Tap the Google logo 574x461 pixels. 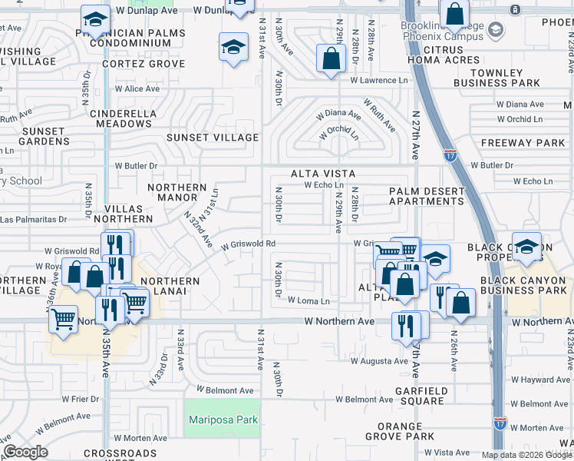coord(25,452)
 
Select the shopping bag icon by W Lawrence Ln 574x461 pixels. coord(331,58)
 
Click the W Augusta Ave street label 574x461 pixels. coord(380,360)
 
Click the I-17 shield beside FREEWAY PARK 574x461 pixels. coord(450,154)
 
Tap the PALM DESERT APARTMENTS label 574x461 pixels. coord(426,196)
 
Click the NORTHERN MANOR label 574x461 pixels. coord(177,192)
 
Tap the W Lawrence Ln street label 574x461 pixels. coord(378,80)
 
